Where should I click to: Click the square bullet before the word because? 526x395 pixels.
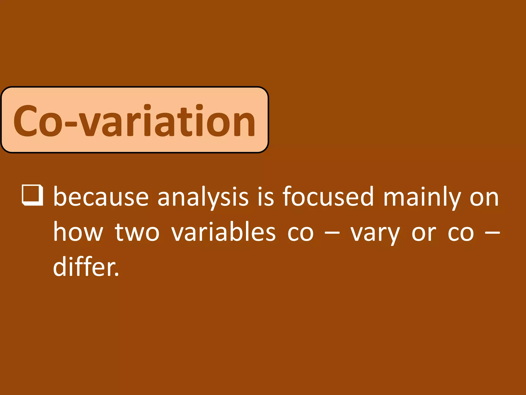coord(32,195)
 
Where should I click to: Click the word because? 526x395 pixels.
coord(101,197)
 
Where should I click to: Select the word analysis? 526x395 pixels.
coord(203,197)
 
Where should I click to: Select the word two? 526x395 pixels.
coord(137,233)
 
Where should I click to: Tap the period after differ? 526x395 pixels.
coord(117,275)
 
